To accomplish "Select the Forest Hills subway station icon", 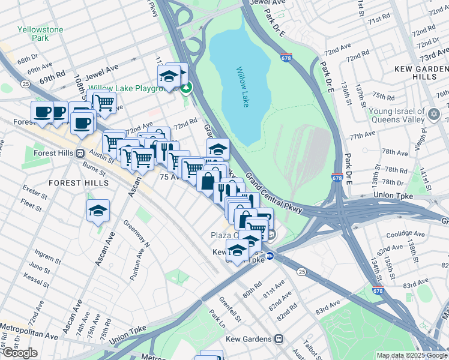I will [x=79, y=153].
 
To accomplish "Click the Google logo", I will [x=19, y=353].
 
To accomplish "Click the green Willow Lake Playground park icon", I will [x=187, y=89].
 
